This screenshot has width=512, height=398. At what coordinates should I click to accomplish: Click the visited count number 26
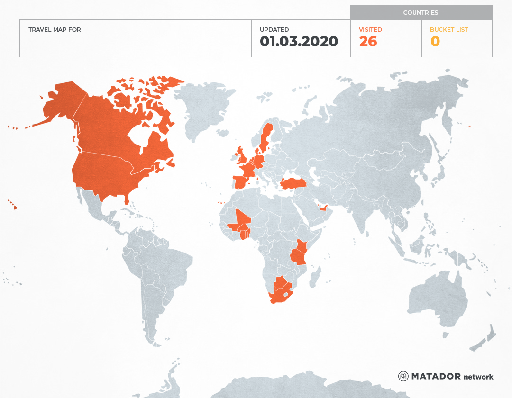pos(368,42)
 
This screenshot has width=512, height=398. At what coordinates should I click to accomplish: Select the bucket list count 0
pos(435,42)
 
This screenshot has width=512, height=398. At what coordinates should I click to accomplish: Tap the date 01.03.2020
pos(299,42)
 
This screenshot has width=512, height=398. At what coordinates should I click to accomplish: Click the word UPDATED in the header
pos(274,29)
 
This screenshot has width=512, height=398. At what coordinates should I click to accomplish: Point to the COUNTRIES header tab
pos(421,13)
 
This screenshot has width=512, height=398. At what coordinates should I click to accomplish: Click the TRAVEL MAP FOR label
pos(55,29)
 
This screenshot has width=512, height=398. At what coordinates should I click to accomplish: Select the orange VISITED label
pos(370,29)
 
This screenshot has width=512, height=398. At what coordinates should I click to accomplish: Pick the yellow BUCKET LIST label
pos(448,29)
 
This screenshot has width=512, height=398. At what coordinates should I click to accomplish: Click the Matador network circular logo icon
pos(403,376)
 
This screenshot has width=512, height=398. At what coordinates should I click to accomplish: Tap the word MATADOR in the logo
pos(436,376)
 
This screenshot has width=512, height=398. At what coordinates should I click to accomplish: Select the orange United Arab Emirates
pos(323,208)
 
